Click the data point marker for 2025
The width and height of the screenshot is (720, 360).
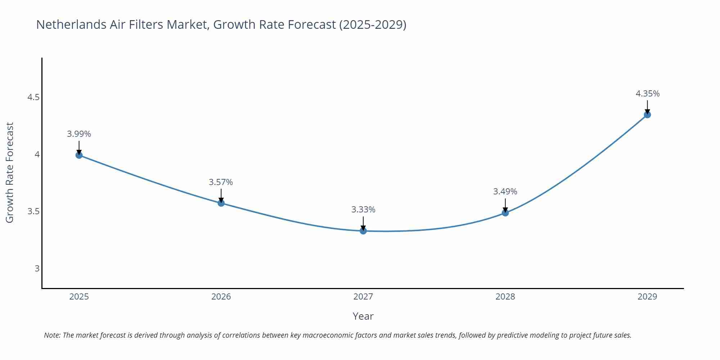(x=79, y=155)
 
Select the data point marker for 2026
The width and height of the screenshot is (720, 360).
(x=221, y=203)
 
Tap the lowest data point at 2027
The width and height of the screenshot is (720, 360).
(x=363, y=231)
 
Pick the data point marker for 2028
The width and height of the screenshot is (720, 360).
(x=505, y=213)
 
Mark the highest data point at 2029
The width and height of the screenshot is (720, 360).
(x=647, y=115)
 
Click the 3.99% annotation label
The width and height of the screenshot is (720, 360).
(x=79, y=134)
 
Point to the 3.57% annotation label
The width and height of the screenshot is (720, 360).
(x=221, y=182)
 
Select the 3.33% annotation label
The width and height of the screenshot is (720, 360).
(x=363, y=210)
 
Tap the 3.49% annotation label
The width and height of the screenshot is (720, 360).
(x=505, y=192)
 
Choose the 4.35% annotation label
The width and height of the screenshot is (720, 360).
(x=647, y=94)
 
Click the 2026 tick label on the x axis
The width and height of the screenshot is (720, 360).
(x=221, y=297)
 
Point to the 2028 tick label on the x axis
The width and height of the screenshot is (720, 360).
(x=505, y=297)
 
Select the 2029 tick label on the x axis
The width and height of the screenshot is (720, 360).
(x=647, y=297)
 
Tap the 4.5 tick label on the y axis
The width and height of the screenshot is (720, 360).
(x=33, y=97)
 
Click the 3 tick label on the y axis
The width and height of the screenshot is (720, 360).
(x=37, y=268)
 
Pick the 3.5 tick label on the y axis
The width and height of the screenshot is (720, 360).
(x=33, y=211)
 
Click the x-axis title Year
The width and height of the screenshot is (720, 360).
(x=363, y=316)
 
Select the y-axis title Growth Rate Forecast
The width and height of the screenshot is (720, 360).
(x=10, y=172)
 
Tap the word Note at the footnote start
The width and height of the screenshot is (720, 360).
(x=51, y=335)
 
